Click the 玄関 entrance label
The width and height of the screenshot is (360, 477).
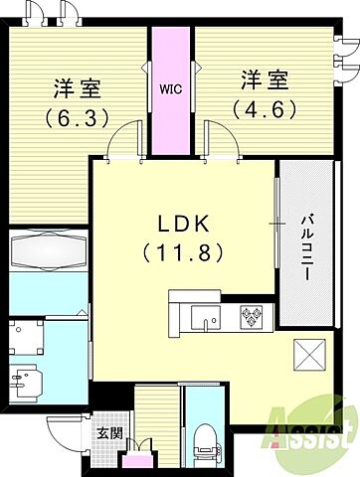(109, 433)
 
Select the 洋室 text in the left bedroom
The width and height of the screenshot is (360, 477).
(72, 87)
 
